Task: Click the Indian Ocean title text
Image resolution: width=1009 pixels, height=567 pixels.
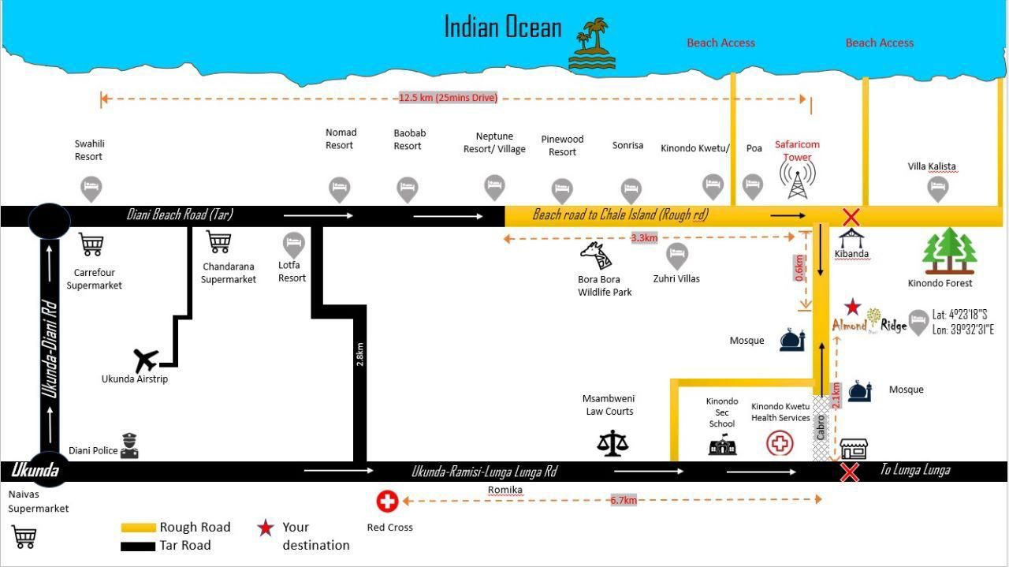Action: pyautogui.click(x=503, y=27)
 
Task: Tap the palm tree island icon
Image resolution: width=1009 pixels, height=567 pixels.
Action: pyautogui.click(x=592, y=43)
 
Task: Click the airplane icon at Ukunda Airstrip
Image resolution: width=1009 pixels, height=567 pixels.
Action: pyautogui.click(x=146, y=360)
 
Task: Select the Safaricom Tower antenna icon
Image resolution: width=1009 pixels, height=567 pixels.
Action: pyautogui.click(x=797, y=179)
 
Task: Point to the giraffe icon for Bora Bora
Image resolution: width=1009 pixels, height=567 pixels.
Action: pyautogui.click(x=597, y=256)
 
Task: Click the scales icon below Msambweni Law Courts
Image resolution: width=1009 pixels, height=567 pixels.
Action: pyautogui.click(x=612, y=443)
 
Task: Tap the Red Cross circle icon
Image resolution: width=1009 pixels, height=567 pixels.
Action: pyautogui.click(x=387, y=502)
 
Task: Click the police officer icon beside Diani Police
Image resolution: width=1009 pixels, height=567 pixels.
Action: pyautogui.click(x=129, y=446)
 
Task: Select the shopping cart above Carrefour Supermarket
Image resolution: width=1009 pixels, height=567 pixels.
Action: pyautogui.click(x=91, y=244)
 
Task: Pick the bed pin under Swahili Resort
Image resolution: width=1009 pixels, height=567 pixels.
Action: pyautogui.click(x=91, y=188)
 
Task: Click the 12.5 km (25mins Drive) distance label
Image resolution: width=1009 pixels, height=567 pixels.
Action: pyautogui.click(x=449, y=98)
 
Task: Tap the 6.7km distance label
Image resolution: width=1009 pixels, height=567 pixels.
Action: pyautogui.click(x=624, y=500)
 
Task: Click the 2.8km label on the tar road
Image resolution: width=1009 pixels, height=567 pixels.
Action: pyautogui.click(x=359, y=354)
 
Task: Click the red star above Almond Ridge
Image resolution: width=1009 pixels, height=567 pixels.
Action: pyautogui.click(x=852, y=307)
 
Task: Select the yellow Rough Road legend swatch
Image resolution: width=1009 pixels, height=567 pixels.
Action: pyautogui.click(x=138, y=528)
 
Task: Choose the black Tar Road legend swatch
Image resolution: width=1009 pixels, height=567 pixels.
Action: pyautogui.click(x=138, y=546)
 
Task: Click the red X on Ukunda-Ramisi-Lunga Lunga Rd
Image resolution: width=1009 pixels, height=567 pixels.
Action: pyautogui.click(x=850, y=472)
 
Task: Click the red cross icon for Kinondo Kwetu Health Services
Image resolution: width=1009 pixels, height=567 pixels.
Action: pyautogui.click(x=780, y=443)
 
